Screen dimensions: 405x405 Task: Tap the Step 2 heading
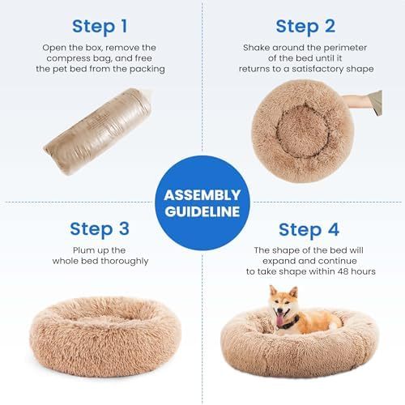tap(305, 26)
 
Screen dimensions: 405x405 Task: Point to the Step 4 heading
tap(306, 229)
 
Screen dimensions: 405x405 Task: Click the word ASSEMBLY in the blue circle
tap(202, 195)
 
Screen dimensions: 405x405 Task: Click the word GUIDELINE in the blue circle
tap(202, 212)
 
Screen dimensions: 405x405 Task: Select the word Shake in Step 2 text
tap(258, 47)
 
